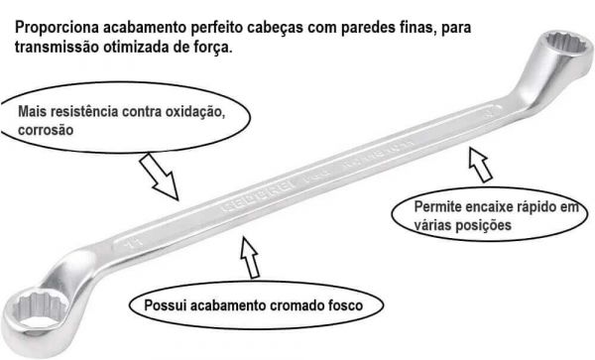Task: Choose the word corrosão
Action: point(46,130)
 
